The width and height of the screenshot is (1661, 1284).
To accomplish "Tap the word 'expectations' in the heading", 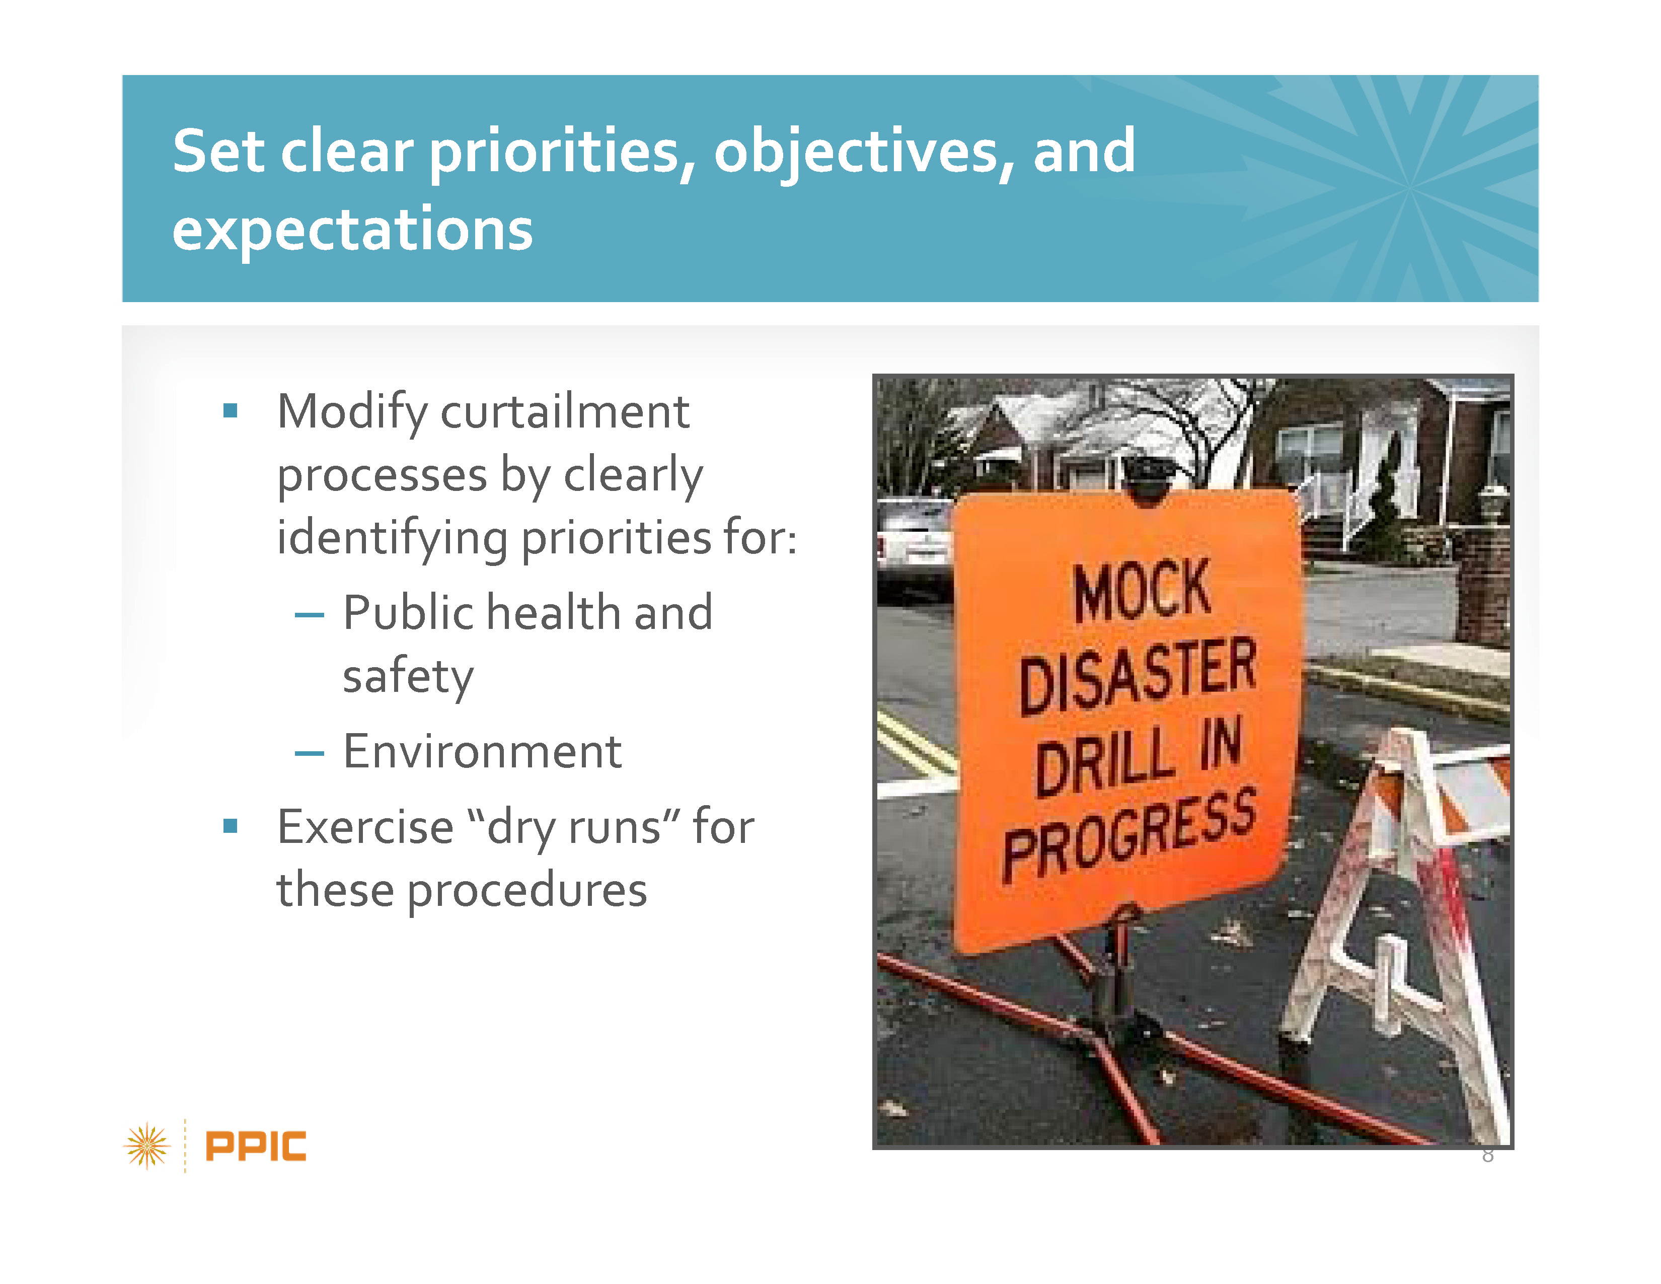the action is [353, 230].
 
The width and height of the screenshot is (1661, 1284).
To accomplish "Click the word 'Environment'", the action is [482, 752].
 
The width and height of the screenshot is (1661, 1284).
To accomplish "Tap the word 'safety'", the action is [408, 676].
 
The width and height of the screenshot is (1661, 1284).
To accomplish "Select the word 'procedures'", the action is [527, 891].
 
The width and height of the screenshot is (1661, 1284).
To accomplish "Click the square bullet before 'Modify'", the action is [231, 411].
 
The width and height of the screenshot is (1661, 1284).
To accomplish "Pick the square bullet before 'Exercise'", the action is [231, 826].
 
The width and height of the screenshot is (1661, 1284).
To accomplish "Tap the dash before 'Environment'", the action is [310, 754].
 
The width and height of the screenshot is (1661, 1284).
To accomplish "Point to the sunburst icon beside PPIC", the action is [147, 1146].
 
